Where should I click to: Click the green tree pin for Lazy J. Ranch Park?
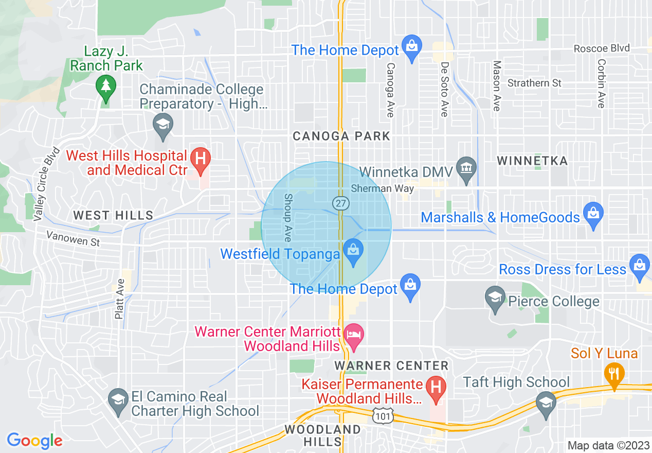[106, 86]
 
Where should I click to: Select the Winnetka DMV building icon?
[466, 169]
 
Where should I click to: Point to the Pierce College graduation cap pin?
[495, 299]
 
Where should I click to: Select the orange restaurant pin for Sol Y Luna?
[614, 373]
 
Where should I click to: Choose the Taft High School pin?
[546, 403]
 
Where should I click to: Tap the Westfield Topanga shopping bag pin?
[353, 252]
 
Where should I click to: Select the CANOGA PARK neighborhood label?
[341, 136]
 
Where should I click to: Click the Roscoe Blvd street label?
[602, 48]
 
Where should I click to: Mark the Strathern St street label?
[534, 83]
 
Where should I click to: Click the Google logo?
[34, 441]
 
